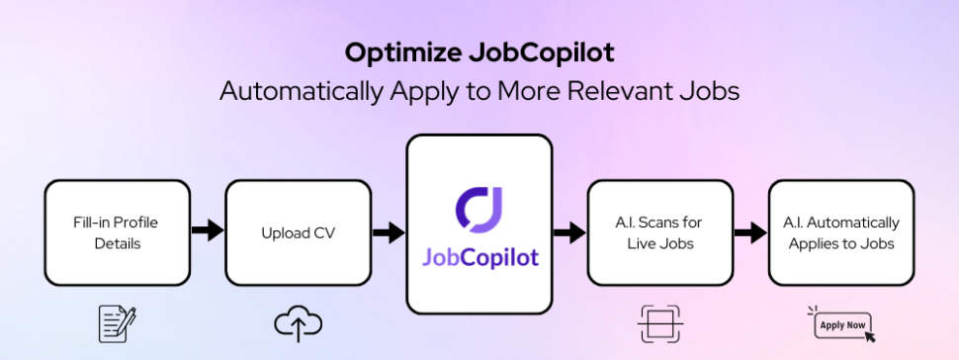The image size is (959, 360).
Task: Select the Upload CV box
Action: (x=298, y=231)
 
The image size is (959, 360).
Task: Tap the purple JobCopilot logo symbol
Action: (x=479, y=202)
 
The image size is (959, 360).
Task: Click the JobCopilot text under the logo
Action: (x=479, y=257)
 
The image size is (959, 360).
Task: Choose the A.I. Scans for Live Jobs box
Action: (x=659, y=231)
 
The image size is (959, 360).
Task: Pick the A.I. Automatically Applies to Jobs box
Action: (x=840, y=231)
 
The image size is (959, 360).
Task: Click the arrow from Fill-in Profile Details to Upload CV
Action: (x=208, y=231)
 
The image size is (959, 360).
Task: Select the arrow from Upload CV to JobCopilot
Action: (x=388, y=233)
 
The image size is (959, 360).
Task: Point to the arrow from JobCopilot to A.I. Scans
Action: (x=569, y=233)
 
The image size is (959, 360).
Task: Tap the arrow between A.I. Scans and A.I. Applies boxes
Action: (x=750, y=232)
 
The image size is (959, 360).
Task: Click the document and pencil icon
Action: (x=118, y=321)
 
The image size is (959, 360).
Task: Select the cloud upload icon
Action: (x=298, y=321)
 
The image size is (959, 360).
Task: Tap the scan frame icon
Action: (x=659, y=322)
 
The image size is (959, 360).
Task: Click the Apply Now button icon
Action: (x=840, y=323)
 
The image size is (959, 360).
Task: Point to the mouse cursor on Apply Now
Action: (x=869, y=335)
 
